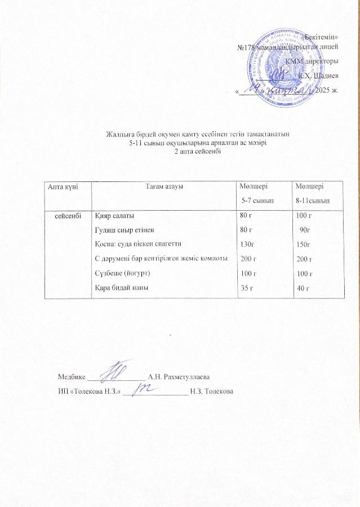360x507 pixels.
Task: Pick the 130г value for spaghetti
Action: [247, 244]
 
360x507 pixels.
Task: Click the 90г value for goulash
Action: [305, 230]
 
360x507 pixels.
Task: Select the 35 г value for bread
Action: [246, 288]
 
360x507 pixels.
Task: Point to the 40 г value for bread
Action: [304, 288]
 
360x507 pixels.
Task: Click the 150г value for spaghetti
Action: [303, 244]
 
